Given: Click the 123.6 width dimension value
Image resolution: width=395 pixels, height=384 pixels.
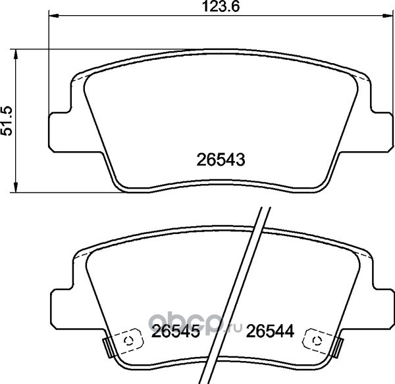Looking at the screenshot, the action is click(x=221, y=7).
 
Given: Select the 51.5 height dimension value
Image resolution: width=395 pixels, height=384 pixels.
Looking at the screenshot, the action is click(x=7, y=121).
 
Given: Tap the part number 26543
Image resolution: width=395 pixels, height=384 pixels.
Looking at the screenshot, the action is click(x=221, y=160).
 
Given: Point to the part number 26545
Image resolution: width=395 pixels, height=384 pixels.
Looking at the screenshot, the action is click(x=176, y=331).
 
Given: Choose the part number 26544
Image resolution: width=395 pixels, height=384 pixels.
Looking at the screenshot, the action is click(x=270, y=331).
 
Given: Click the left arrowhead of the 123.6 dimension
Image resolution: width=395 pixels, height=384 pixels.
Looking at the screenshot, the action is click(x=54, y=16).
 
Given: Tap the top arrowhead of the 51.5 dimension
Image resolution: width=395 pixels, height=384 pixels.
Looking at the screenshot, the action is click(x=16, y=54).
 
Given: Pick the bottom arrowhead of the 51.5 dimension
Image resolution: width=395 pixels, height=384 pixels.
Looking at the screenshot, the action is click(x=16, y=187).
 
